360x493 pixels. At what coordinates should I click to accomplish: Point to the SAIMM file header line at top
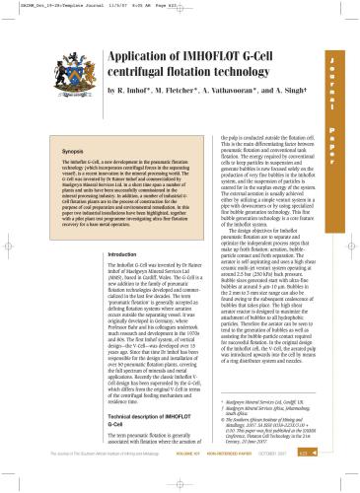tap(59, 5)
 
